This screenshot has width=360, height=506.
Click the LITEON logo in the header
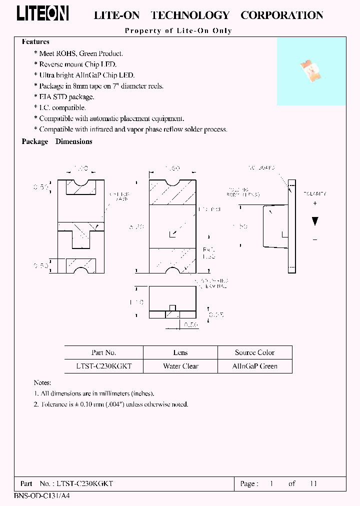42,14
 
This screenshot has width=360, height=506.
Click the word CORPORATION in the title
282,15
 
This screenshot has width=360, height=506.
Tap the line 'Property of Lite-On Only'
178,30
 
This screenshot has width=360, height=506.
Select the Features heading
35,42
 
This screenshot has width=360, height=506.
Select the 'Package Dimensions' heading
57,141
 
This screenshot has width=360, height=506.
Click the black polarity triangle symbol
314,221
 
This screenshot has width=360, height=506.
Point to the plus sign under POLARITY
314,203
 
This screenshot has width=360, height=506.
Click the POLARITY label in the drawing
314,193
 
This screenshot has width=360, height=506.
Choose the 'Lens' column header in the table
180,352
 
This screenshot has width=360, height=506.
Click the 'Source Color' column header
254,352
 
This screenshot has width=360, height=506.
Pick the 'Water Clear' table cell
180,366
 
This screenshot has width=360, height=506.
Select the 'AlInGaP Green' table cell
254,366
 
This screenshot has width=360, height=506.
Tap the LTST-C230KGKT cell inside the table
104,366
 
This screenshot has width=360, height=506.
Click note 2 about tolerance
111,404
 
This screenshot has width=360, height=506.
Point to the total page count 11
313,483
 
